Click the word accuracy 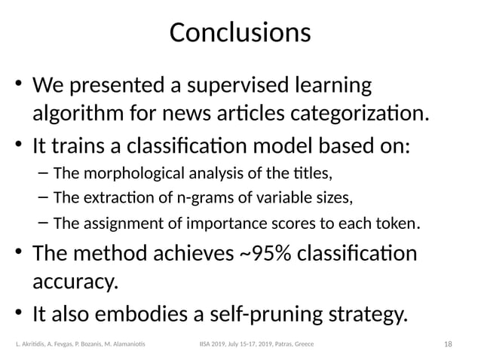pos(75,282)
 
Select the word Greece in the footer pos(304,343)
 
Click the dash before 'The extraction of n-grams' pos(42,198)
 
